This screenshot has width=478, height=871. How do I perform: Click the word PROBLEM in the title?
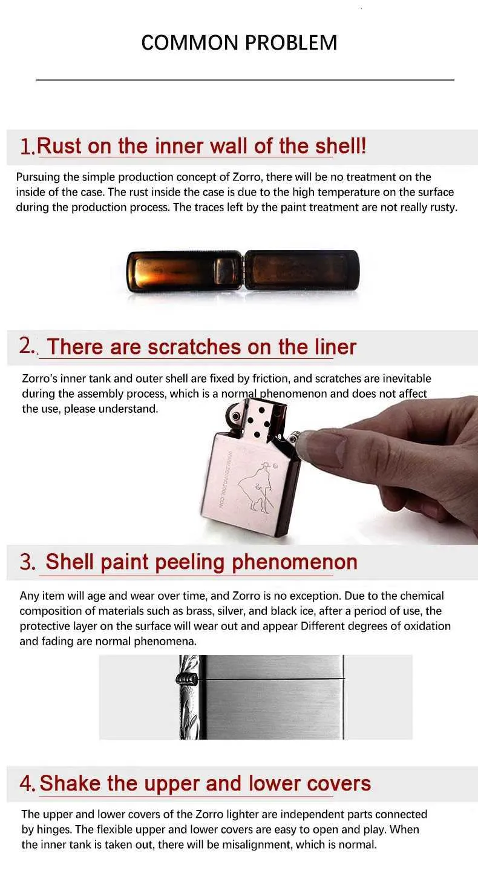(x=291, y=43)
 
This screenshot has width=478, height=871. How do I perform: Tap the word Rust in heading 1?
(x=59, y=146)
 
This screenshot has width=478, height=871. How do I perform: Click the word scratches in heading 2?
(x=194, y=347)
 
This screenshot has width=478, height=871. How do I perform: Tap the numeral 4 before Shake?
(x=27, y=783)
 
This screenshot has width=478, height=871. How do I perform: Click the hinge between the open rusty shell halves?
(x=243, y=270)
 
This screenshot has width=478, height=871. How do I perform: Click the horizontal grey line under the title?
(x=245, y=80)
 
